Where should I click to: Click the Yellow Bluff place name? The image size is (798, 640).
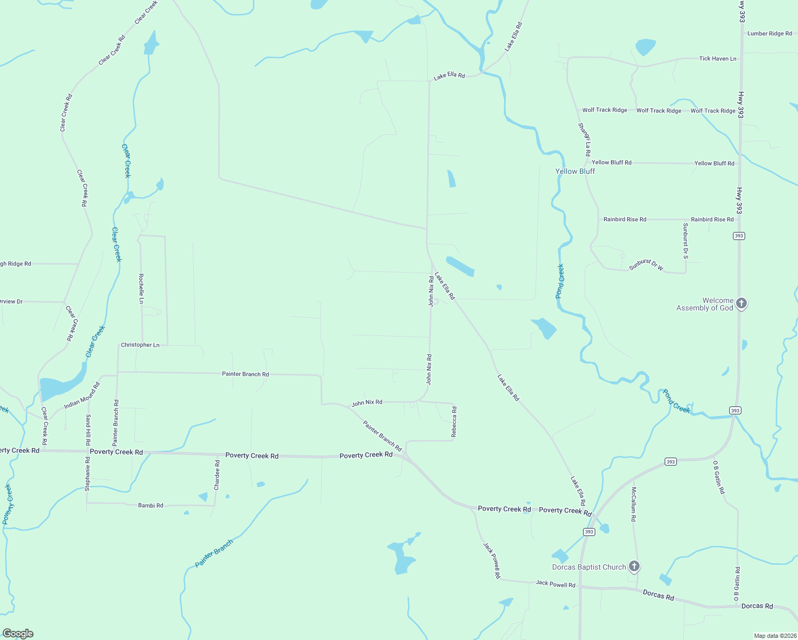575,171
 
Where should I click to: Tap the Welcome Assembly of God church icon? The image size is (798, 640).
741,303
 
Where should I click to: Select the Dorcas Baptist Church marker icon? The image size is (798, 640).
634,566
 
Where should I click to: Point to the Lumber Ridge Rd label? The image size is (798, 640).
769,34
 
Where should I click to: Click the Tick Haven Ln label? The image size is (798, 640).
717,59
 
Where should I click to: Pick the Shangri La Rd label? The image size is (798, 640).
585,137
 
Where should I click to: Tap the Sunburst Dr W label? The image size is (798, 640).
646,265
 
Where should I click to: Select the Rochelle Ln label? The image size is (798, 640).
141,289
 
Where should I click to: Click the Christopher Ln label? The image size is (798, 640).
140,345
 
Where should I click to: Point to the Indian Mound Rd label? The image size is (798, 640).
82,396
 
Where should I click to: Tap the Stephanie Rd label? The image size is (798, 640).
87,474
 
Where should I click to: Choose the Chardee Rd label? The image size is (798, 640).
217,475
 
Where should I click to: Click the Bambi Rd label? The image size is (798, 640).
150,505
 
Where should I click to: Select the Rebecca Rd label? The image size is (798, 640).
454,422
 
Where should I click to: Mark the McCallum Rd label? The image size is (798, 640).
634,503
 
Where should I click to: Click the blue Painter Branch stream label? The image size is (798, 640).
214,553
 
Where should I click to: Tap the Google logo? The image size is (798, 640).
18,634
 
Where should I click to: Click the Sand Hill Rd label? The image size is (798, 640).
88,430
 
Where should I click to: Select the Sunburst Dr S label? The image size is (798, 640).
685,241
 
